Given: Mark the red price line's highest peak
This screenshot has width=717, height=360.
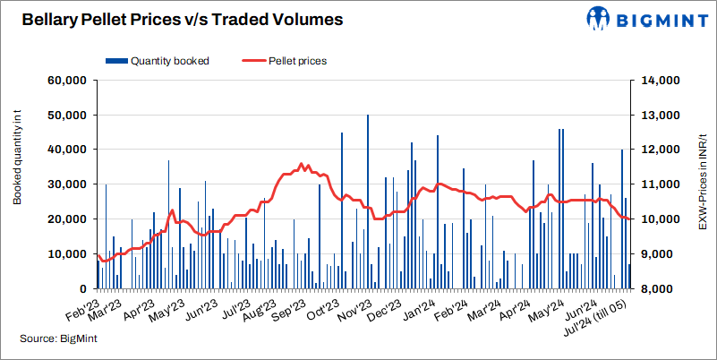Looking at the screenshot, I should click(301, 164).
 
